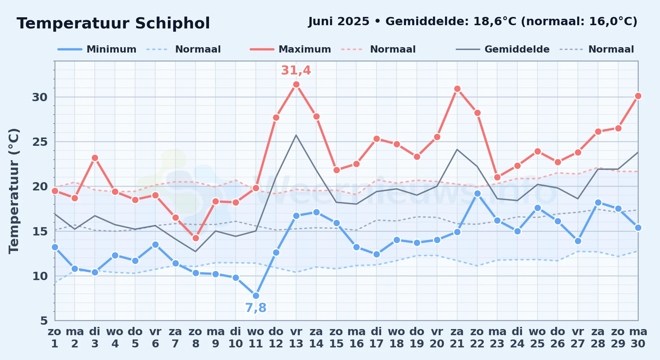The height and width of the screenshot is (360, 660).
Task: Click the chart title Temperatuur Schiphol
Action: coord(113,23)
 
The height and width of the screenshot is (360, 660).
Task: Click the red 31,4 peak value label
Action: coord(296,71)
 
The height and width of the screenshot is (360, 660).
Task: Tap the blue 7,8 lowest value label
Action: coord(256,308)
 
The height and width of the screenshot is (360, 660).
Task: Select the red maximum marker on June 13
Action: coord(296,85)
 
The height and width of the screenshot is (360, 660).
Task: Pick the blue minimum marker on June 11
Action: coord(256,296)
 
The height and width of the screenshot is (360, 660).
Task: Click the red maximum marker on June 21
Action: coord(457,89)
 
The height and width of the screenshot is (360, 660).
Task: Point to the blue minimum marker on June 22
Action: coord(477,193)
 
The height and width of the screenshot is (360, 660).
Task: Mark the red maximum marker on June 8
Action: coord(196,238)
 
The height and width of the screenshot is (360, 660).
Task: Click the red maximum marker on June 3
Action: coord(95,158)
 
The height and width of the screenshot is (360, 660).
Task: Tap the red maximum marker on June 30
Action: coord(638,96)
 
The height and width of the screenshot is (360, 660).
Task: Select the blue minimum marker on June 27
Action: coord(578,241)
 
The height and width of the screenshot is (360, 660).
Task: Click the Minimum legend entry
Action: coord(97,49)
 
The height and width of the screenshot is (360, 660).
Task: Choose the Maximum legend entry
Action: coord(290,49)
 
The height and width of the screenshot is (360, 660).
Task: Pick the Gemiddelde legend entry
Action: coord(503,49)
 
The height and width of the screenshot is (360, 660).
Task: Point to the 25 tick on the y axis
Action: coord(40,142)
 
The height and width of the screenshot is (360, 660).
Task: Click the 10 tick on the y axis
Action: coord(40,276)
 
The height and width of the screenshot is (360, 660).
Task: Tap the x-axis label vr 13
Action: coord(296,337)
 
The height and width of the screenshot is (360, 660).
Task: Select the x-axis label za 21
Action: coord(457,337)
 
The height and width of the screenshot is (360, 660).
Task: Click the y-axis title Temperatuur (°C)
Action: coord(14,191)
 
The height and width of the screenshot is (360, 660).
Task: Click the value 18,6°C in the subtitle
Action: coord(495,22)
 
